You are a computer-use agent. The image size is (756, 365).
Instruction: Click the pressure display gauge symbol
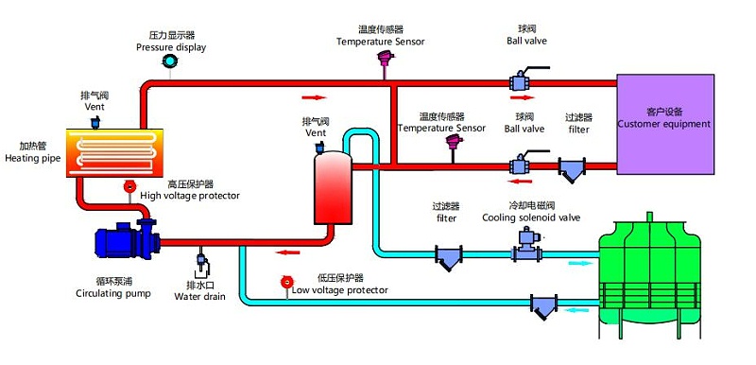point(169,61)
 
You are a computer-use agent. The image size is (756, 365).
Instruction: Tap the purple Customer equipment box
point(665,124)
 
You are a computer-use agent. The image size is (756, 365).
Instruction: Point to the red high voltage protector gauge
point(129,185)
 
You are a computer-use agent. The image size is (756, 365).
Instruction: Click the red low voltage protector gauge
point(287,282)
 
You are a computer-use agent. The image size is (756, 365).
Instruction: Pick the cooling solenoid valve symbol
point(525,246)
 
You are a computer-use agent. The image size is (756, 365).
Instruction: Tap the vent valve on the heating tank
point(95,123)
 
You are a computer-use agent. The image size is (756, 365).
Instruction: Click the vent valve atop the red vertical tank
point(319,148)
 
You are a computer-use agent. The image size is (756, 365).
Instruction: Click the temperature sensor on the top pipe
point(385,63)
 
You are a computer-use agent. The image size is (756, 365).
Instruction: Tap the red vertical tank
point(333,188)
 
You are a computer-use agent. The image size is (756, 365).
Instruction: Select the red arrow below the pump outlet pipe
point(287,252)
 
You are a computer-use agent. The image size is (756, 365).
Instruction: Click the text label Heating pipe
point(33,158)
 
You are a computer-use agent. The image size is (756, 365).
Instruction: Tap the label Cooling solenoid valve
point(531,217)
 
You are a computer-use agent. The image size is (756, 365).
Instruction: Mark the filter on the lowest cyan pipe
point(544,305)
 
